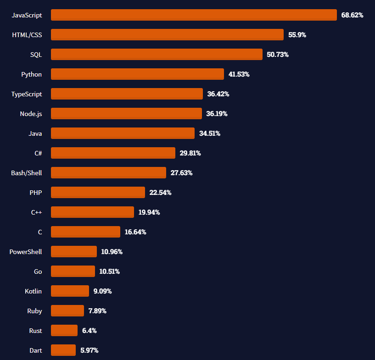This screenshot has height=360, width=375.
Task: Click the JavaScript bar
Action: pyautogui.click(x=194, y=15)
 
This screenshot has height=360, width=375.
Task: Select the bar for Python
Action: pyautogui.click(x=137, y=74)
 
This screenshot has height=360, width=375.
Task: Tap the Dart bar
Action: pyautogui.click(x=63, y=350)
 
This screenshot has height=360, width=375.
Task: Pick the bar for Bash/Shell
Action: pyautogui.click(x=108, y=173)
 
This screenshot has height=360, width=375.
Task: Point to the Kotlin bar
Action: pyautogui.click(x=70, y=291)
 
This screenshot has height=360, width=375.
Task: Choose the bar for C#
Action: pyautogui.click(x=113, y=153)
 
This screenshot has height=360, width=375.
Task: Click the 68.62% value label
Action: pyautogui.click(x=352, y=15)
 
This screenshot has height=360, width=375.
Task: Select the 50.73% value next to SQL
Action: pyautogui.click(x=278, y=55)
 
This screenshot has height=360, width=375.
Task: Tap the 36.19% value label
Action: pyautogui.click(x=217, y=114)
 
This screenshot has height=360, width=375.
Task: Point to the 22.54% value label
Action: pyautogui.click(x=160, y=193)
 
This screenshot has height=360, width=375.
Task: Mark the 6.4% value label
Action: pyautogui.click(x=90, y=331)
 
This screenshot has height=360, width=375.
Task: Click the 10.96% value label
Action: pyautogui.click(x=112, y=252)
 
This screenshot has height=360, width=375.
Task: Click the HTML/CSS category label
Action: pyautogui.click(x=27, y=35)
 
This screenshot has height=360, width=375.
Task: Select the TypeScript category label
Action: pyautogui.click(x=27, y=94)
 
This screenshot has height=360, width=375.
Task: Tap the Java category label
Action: pyautogui.click(x=35, y=133)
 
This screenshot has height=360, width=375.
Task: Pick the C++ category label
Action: pyautogui.click(x=37, y=212)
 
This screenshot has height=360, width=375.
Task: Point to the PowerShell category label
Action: pyautogui.click(x=26, y=252)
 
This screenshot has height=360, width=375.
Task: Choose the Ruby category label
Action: pyautogui.click(x=34, y=311)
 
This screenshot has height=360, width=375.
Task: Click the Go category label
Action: pyautogui.click(x=38, y=271)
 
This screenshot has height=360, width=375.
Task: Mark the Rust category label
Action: pyautogui.click(x=35, y=331)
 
